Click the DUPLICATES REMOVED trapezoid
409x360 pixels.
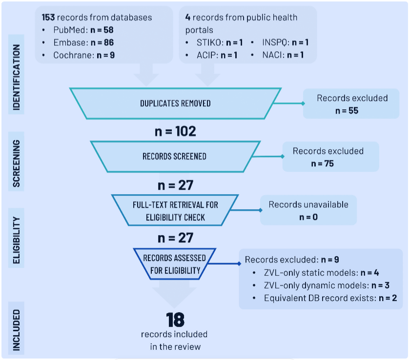click(x=175, y=103)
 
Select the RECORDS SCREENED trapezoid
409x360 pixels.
click(x=174, y=157)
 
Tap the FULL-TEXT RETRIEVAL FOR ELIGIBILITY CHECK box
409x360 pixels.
click(x=175, y=211)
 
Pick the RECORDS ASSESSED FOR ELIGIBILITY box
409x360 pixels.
click(x=175, y=264)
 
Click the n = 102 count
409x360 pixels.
click(x=175, y=131)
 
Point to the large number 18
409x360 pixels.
click(x=175, y=320)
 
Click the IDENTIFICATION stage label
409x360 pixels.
click(x=17, y=78)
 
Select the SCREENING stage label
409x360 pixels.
click(x=17, y=164)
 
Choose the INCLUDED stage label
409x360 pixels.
click(x=17, y=330)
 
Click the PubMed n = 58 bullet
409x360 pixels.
click(x=83, y=30)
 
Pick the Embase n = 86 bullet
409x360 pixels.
click(x=83, y=42)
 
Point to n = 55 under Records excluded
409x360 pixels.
click(x=347, y=111)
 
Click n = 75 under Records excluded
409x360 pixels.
click(x=322, y=163)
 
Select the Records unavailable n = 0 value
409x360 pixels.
click(x=308, y=217)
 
